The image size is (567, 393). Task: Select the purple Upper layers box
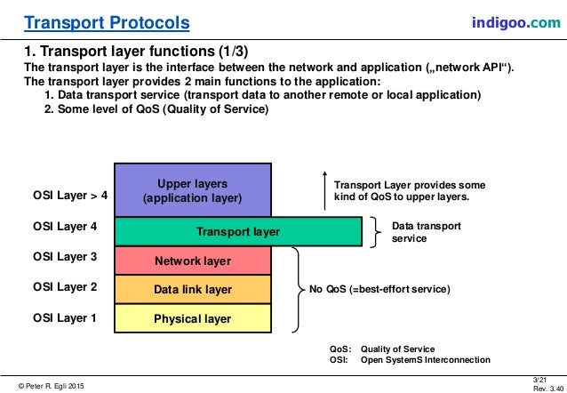(x=192, y=190)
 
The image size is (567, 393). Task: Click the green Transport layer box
(x=237, y=232)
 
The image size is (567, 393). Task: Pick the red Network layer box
(x=192, y=261)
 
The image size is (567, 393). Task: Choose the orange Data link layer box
(x=192, y=290)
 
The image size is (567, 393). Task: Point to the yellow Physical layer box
(x=192, y=318)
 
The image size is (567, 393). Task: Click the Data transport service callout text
(x=426, y=232)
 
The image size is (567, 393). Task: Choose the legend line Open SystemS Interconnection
(x=424, y=360)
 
